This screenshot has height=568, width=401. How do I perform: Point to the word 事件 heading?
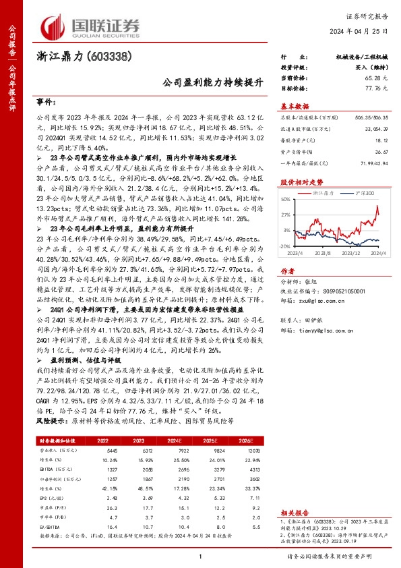point(45,103)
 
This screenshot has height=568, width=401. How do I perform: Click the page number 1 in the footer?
point(201,555)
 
